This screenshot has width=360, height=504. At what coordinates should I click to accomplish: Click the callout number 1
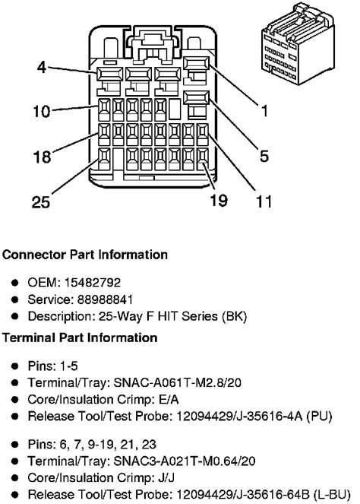click(265, 113)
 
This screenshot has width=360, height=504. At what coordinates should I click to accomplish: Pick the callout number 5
click(264, 157)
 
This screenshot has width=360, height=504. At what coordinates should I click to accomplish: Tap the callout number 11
click(264, 202)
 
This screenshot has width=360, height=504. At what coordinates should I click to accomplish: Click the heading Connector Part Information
click(84, 255)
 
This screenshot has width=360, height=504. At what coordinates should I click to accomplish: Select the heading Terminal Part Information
click(80, 337)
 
